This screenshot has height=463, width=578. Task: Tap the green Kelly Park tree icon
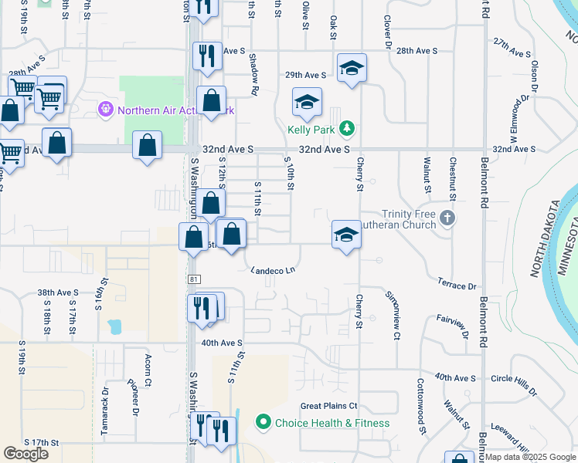[x=348, y=127]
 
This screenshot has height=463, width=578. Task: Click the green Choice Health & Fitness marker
[x=263, y=422]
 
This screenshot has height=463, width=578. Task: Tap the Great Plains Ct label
[x=328, y=406]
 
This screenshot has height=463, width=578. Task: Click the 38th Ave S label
[x=58, y=293]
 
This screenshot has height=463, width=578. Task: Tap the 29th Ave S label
[x=305, y=76]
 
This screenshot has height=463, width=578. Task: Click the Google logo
[x=25, y=454]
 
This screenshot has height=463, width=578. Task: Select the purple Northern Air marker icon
[x=106, y=110]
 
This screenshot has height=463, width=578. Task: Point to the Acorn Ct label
[x=148, y=370]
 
